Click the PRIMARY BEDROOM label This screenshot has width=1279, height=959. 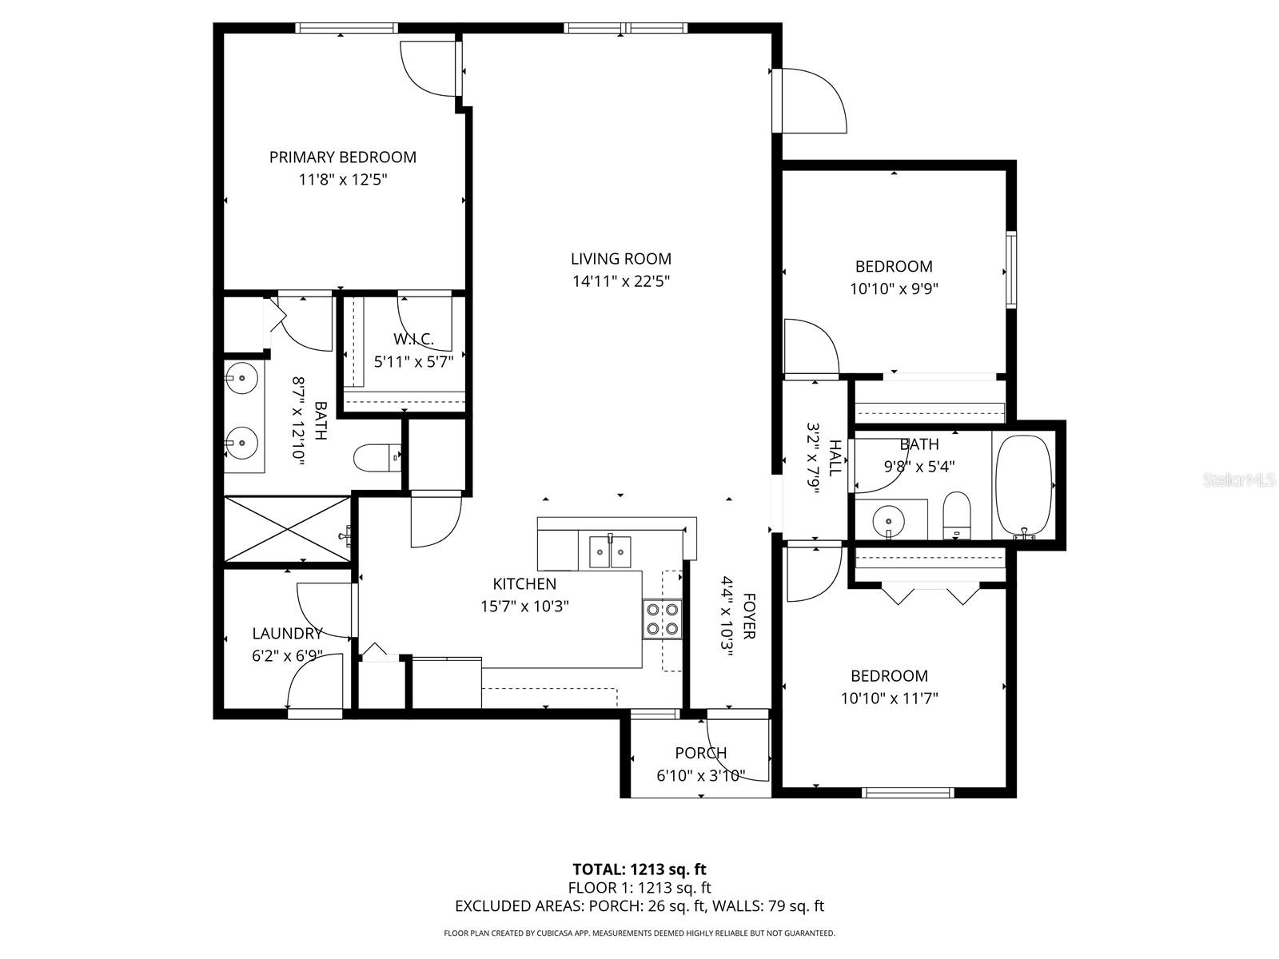(342, 157)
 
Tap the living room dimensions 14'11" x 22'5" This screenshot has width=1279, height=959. (620, 281)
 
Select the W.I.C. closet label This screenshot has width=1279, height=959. (413, 339)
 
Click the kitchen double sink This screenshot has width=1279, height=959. (610, 551)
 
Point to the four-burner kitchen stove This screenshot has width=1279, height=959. (663, 619)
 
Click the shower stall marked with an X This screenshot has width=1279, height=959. (287, 528)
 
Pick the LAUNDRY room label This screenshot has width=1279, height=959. (287, 634)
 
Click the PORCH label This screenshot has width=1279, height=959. (700, 753)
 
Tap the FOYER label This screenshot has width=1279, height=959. (749, 616)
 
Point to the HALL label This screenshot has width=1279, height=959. (835, 458)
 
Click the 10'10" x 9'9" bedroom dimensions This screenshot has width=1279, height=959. (893, 288)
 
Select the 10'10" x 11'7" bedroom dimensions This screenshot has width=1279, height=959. (889, 698)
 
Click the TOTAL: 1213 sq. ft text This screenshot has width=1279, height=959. (639, 869)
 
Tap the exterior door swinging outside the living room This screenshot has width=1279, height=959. (811, 100)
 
